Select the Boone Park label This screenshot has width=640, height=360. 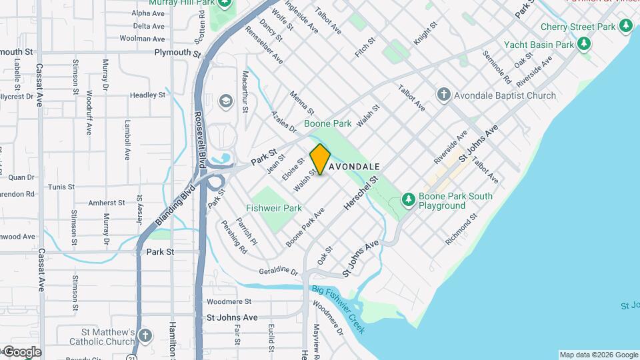click(x=327, y=123)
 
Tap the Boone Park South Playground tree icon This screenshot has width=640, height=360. click(x=408, y=199)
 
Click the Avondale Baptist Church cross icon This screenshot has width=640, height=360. click(x=443, y=95)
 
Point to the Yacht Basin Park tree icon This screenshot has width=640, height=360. click(x=584, y=45)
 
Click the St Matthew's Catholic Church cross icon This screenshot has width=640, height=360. click(x=147, y=337)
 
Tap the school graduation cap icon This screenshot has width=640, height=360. click(x=225, y=101)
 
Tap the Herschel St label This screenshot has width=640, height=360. click(x=361, y=195)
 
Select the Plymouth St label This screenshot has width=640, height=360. click(x=177, y=52)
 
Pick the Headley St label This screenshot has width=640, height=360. click(x=147, y=95)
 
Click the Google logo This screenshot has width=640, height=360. click(x=21, y=352)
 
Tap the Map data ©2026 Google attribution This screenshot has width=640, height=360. click(x=598, y=355)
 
